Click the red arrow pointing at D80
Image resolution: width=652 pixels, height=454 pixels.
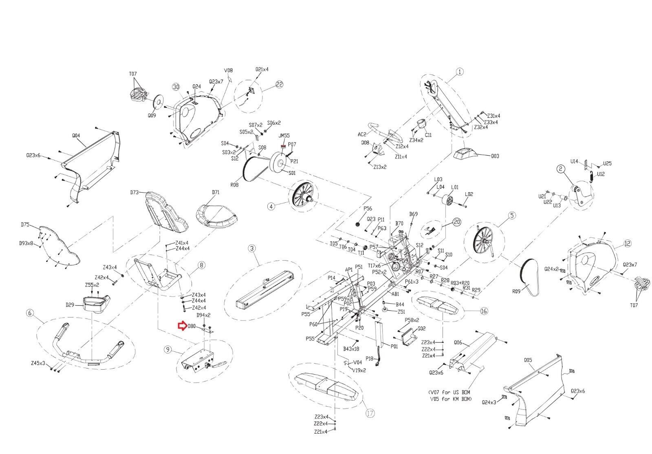[x=181, y=326]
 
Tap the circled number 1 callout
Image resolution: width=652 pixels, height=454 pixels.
[x=460, y=72]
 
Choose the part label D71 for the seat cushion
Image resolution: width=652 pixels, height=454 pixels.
[x=216, y=192]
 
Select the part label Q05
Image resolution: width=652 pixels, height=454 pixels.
[x=528, y=360]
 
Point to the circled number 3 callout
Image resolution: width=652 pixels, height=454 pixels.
[x=252, y=248]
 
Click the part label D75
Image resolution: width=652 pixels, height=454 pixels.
[x=25, y=224]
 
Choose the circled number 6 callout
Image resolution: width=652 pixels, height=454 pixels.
[x=30, y=313]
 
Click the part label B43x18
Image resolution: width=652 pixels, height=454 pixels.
[x=351, y=349]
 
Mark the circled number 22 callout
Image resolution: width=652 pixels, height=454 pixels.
[x=279, y=84]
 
